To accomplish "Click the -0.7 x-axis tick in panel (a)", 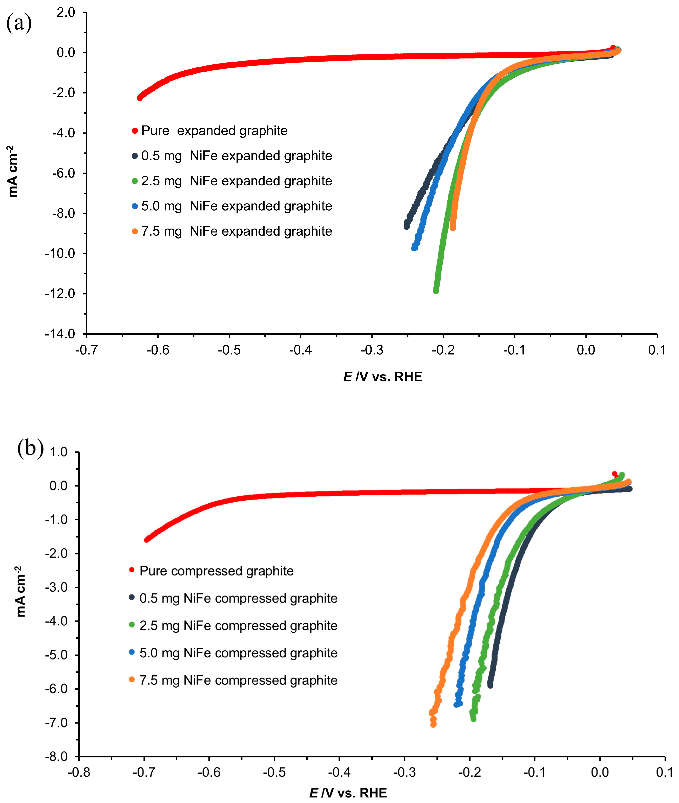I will pos(87,350).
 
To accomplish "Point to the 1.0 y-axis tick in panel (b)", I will pos(58,452).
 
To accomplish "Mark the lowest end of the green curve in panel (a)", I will pos(436,291).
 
